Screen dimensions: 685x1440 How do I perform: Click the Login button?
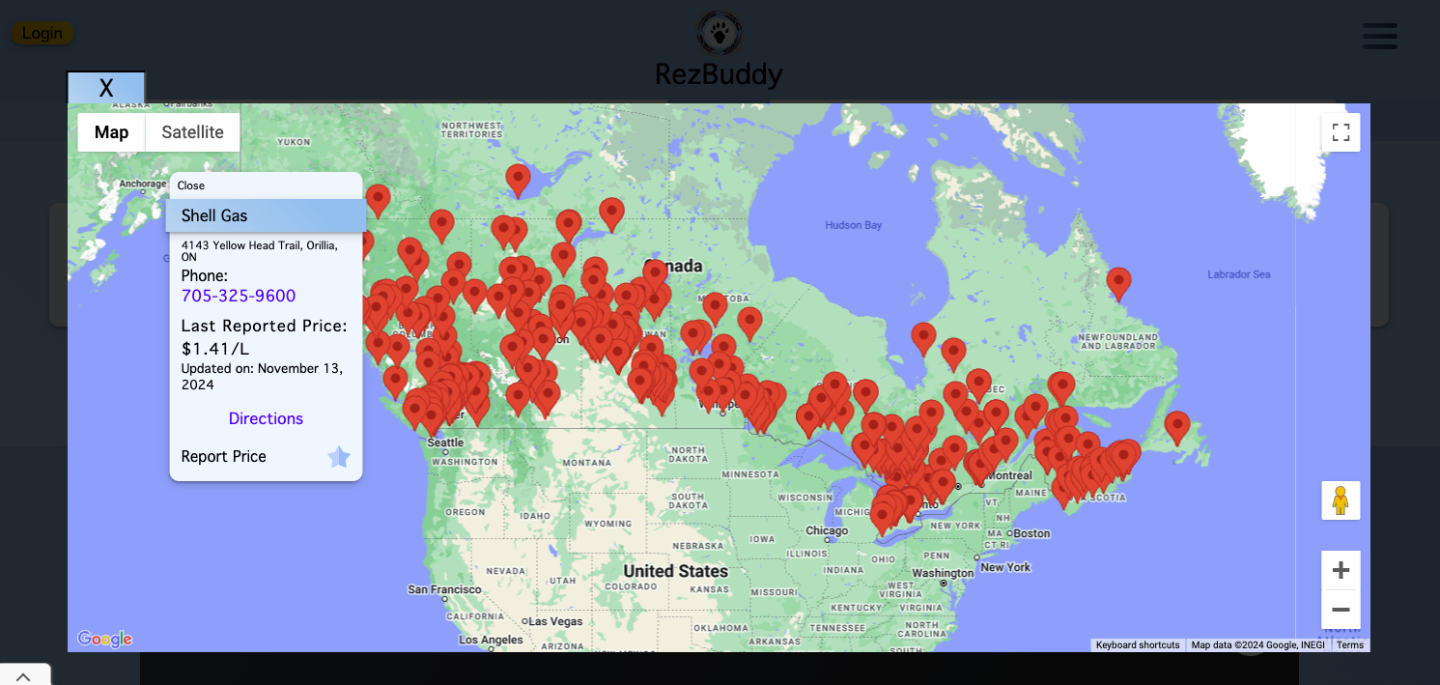pyautogui.click(x=42, y=33)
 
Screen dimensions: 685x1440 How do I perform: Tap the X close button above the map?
pyautogui.click(x=106, y=88)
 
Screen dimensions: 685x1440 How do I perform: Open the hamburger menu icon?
pyautogui.click(x=1379, y=36)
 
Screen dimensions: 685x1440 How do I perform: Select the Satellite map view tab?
pyautogui.click(x=192, y=132)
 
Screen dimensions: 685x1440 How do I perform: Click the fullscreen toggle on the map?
pyautogui.click(x=1341, y=132)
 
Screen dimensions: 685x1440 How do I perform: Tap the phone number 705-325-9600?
pyautogui.click(x=239, y=296)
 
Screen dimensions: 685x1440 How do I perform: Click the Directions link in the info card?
pyautogui.click(x=266, y=418)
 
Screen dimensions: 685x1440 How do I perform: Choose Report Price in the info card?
pyautogui.click(x=223, y=456)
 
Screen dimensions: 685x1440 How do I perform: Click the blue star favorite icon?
pyautogui.click(x=339, y=457)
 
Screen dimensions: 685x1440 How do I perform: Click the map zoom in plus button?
pyautogui.click(x=1341, y=570)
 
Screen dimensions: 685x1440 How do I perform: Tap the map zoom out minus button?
pyautogui.click(x=1341, y=610)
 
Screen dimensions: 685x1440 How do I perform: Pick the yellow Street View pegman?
pyautogui.click(x=1341, y=500)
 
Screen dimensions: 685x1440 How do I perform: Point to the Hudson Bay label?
pyautogui.click(x=853, y=225)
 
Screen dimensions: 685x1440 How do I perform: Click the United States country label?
pyautogui.click(x=675, y=571)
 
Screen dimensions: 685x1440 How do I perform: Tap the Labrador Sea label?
pyautogui.click(x=1238, y=274)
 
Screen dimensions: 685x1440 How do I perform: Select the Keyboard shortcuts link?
pyautogui.click(x=1137, y=644)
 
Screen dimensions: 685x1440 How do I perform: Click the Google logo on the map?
pyautogui.click(x=104, y=639)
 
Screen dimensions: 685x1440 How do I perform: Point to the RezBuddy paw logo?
pyautogui.click(x=720, y=34)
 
